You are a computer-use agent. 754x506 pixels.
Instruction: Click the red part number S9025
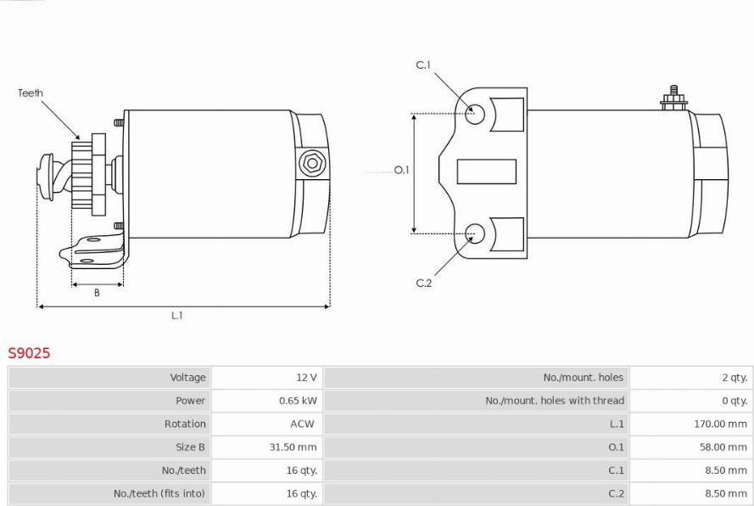(x=29, y=353)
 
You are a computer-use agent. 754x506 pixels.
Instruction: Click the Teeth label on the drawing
(x=31, y=93)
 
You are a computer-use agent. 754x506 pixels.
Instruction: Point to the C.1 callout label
(x=423, y=65)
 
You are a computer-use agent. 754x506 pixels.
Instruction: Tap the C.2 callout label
(x=423, y=283)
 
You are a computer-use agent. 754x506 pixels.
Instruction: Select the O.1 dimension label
(x=401, y=170)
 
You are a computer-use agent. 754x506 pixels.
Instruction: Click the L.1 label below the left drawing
(x=177, y=315)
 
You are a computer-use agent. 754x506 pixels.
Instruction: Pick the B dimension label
(x=97, y=293)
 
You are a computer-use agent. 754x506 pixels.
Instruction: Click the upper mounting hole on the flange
(x=475, y=114)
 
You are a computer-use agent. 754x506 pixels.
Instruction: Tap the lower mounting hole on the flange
(x=475, y=233)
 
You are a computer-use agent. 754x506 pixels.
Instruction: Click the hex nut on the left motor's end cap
(x=313, y=164)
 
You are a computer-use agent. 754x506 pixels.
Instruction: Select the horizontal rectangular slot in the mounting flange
(x=486, y=171)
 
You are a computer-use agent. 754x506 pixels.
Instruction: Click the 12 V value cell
(x=306, y=378)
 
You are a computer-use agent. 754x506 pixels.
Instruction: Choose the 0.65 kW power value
(x=298, y=401)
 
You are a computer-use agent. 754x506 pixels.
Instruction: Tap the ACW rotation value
(x=302, y=424)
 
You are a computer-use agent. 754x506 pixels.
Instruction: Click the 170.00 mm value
(x=720, y=424)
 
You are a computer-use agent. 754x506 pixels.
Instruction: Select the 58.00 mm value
(x=723, y=447)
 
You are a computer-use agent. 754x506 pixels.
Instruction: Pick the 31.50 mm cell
(x=293, y=447)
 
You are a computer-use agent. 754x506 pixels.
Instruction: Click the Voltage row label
(x=187, y=378)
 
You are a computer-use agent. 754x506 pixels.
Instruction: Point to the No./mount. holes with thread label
(x=555, y=401)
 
